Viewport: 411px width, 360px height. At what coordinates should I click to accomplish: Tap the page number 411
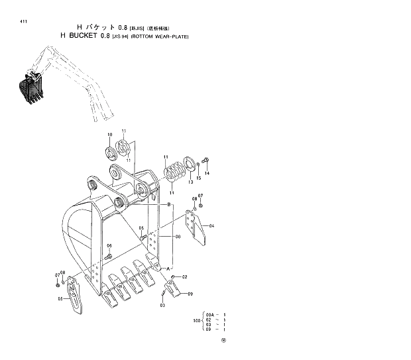pos(24,22)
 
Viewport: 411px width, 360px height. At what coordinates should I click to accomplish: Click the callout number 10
pos(110,135)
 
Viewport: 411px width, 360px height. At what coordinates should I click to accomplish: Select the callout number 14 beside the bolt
pos(207,173)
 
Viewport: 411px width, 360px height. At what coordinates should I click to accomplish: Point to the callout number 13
pos(190,181)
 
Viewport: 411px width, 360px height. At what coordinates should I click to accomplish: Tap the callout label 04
pos(211,226)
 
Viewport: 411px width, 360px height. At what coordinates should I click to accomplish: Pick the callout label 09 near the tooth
pos(190,294)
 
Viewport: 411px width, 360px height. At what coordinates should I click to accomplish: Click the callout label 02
pos(184,276)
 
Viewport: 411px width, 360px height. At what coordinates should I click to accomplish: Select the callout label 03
pos(162,305)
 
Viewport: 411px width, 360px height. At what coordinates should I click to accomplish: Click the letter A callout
pos(168,268)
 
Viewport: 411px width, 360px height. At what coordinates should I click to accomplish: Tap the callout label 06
pos(109,245)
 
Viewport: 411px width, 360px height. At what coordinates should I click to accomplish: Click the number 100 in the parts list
pos(196,321)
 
